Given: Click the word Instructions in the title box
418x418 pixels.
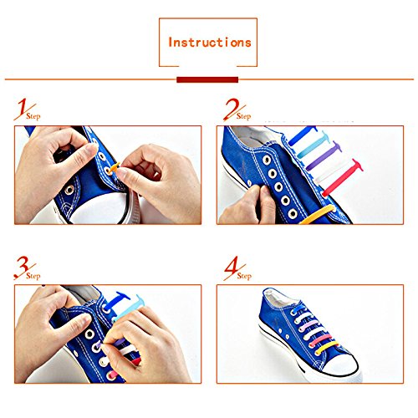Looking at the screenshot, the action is click(x=210, y=43).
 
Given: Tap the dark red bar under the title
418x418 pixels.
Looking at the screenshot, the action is click(x=207, y=79).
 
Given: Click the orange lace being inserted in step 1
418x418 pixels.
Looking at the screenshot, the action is click(x=115, y=168).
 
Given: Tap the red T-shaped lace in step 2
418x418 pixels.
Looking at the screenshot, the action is click(x=343, y=178).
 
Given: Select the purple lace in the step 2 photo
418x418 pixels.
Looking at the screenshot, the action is click(x=324, y=156).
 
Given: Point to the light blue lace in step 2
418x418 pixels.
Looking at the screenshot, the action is click(x=313, y=145).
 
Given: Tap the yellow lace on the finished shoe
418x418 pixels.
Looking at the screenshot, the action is click(x=328, y=349).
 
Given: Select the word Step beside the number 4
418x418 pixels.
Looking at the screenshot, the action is click(x=244, y=276).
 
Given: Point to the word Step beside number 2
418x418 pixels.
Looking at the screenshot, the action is click(x=244, y=116).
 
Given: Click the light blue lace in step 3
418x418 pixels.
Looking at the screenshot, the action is click(x=129, y=308).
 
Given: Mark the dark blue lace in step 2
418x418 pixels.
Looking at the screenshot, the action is click(x=303, y=135).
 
